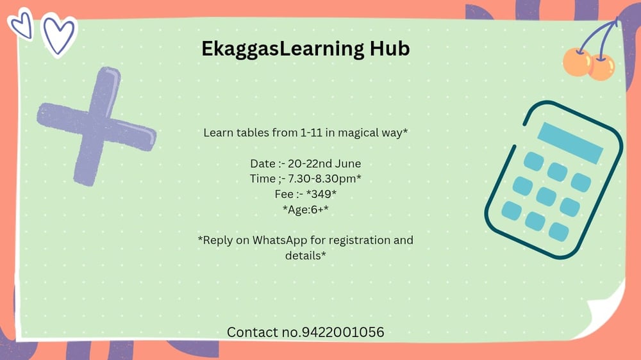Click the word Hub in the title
(390, 49)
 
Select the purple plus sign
(97, 126)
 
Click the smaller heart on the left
(22, 24)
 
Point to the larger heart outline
(60, 35)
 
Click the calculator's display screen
(570, 143)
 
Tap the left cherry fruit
(578, 62)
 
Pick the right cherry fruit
(602, 67)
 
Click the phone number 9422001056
(342, 332)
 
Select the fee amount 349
(321, 193)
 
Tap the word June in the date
(348, 163)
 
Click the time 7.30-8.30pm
(322, 179)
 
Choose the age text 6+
(317, 209)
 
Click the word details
(303, 256)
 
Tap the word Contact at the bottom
(253, 332)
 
